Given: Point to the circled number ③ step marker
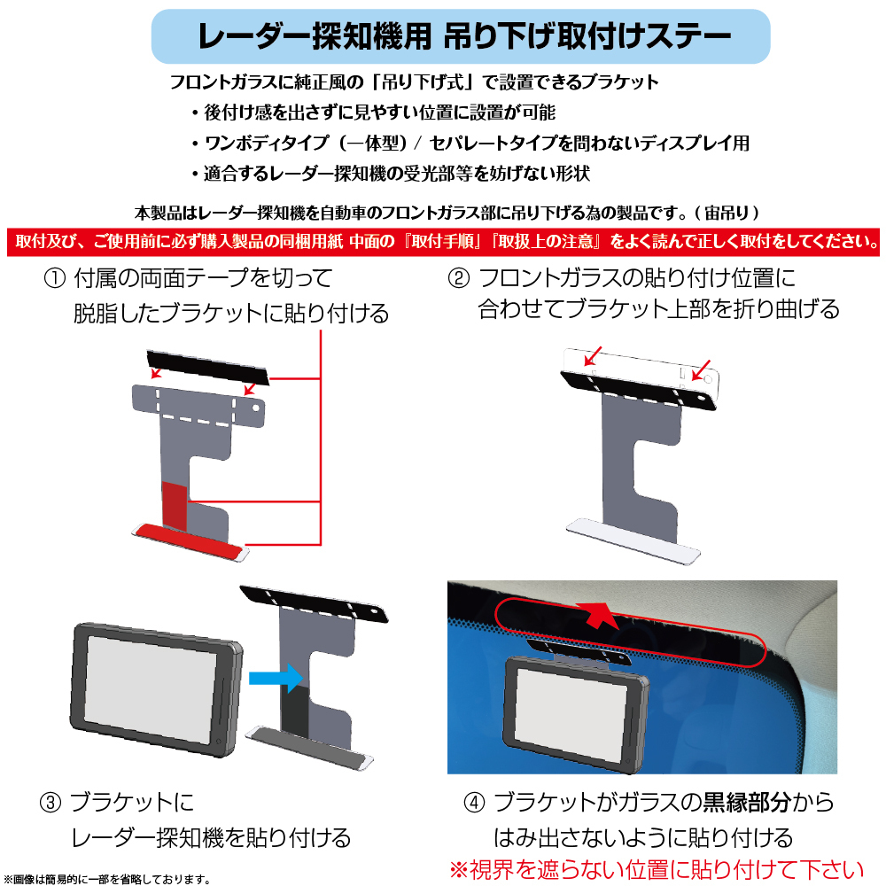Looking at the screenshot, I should (51, 804).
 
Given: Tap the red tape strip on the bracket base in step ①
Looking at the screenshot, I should (188, 539).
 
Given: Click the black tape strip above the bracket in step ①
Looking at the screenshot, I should (207, 367).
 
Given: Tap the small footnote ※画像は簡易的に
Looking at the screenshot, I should (107, 879).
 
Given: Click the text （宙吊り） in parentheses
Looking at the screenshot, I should (727, 214).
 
